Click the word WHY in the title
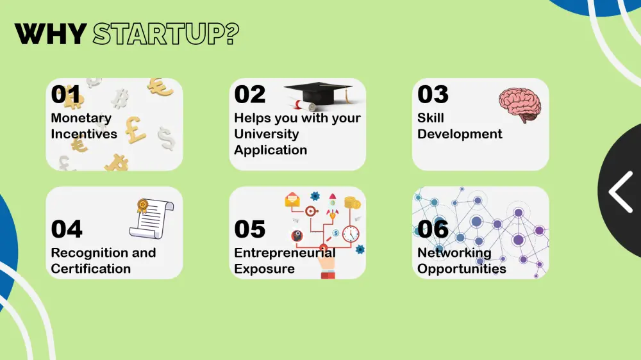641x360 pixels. tap(50, 34)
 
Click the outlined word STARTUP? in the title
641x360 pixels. tap(166, 34)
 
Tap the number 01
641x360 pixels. tap(66, 94)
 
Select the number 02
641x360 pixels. tap(250, 94)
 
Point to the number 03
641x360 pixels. tap(433, 94)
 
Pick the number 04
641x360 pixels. tap(67, 229)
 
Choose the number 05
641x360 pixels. tap(250, 229)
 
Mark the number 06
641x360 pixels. tap(433, 229)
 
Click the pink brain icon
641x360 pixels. tap(520, 104)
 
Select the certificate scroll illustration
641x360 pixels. tap(152, 218)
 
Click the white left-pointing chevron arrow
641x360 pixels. tap(620, 192)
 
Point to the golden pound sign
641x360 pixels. tap(135, 130)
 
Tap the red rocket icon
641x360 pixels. tap(332, 205)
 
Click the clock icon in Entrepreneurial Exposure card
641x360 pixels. tap(351, 234)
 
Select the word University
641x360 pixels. tap(267, 134)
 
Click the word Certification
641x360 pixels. tap(91, 269)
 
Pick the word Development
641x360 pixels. tap(460, 135)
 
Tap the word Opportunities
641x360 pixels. tap(462, 269)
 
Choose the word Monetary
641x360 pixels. tap(81, 119)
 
